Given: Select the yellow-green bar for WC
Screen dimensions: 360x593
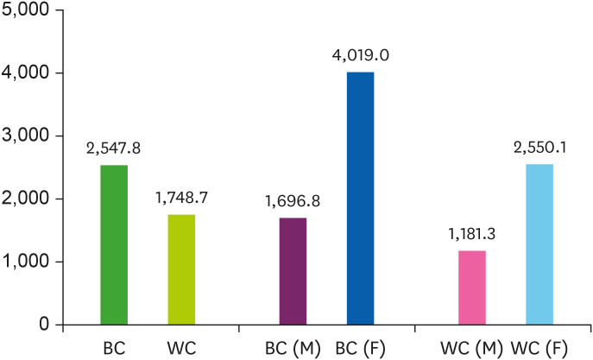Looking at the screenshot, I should [181, 270].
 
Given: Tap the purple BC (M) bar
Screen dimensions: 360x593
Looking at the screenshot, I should [293, 272].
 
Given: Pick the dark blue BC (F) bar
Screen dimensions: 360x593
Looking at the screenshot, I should [360, 199].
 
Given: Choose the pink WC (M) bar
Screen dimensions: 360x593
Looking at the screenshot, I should [472, 287].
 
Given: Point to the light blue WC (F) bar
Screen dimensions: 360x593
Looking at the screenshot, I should [539, 244].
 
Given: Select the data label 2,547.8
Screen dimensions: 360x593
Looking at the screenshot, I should [113, 148].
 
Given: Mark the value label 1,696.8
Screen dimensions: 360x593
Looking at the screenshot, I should [293, 201].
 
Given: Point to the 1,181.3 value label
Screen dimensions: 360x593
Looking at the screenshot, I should [471, 233].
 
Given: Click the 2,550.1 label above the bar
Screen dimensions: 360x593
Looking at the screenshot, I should [539, 147].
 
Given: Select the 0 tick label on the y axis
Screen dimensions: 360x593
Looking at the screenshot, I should [43, 325].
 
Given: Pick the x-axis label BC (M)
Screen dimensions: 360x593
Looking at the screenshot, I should [293, 348].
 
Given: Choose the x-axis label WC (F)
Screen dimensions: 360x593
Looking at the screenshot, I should [539, 348].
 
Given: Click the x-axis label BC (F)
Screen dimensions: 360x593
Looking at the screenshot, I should [360, 348].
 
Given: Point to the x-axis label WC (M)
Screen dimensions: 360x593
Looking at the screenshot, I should [471, 348].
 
